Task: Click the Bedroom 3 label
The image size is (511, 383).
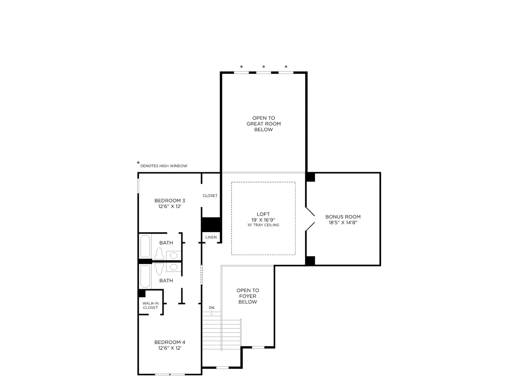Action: tap(170, 200)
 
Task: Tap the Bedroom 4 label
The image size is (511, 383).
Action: tap(170, 342)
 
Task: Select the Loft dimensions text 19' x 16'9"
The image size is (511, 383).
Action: tap(263, 220)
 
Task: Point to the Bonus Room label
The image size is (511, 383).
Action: tap(343, 217)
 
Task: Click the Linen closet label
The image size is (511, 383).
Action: tap(211, 237)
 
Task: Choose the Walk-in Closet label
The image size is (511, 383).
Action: tap(150, 305)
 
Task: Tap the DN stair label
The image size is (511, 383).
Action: tap(211, 308)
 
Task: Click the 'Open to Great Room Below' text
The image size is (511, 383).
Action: tap(263, 124)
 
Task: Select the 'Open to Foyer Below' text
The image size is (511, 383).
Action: tap(248, 296)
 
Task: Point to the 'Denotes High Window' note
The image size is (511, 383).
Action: tap(162, 165)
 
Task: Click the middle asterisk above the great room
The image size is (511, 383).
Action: tap(263, 67)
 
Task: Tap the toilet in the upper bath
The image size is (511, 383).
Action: tap(159, 253)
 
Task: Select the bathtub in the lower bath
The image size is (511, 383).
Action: tap(145, 277)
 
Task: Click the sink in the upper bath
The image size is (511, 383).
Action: tap(173, 256)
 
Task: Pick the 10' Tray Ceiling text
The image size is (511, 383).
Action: tap(263, 225)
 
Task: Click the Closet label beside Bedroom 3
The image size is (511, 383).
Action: tap(210, 196)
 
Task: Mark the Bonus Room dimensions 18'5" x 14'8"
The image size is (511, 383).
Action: tap(343, 222)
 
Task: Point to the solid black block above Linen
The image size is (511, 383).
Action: tap(211, 225)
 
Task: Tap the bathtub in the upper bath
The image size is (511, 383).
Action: tap(145, 246)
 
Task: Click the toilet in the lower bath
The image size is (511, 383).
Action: tap(159, 269)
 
